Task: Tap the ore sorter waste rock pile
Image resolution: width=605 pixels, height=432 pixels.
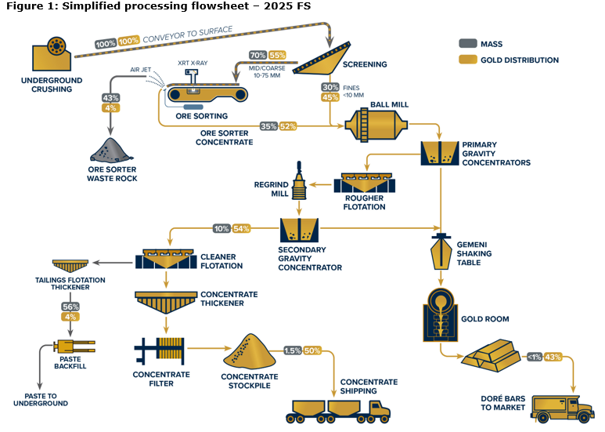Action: click(113, 148)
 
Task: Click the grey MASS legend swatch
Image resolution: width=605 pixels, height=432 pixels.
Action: click(469, 44)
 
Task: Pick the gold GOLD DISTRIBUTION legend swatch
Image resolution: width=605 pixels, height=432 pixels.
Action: click(469, 60)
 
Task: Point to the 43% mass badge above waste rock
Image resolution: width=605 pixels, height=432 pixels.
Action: click(110, 98)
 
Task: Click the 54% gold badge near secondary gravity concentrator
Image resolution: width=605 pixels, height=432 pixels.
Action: click(241, 229)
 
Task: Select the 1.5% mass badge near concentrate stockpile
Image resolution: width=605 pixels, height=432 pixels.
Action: click(293, 350)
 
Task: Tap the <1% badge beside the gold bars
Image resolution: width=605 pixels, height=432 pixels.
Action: click(537, 358)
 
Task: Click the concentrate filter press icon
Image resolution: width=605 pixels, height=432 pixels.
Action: click(160, 350)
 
